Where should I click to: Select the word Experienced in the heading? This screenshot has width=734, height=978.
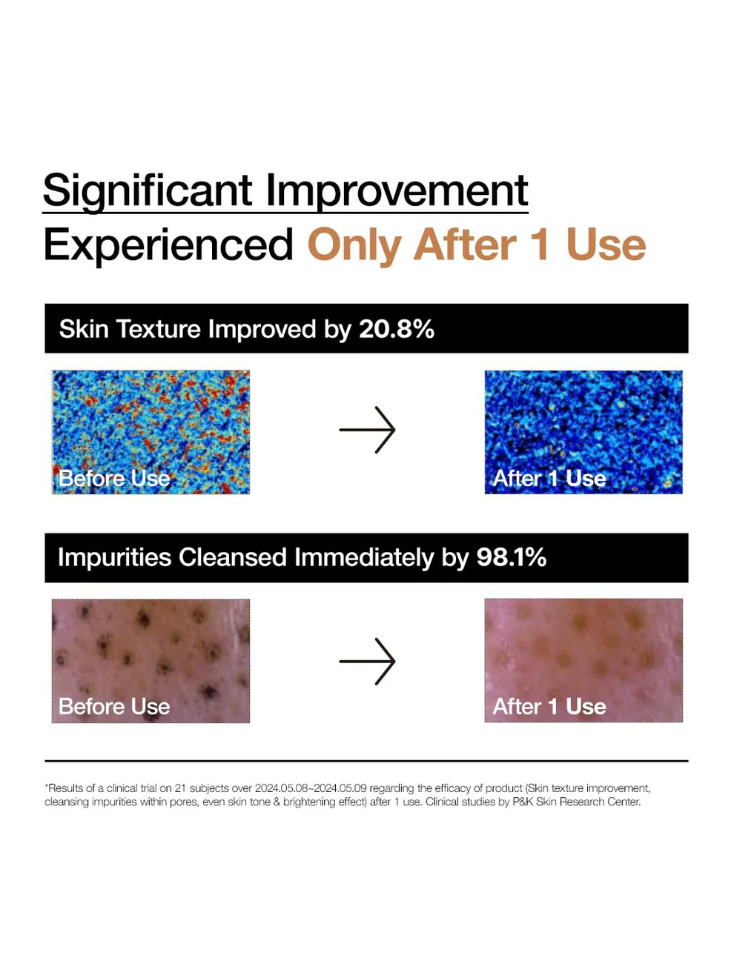(x=168, y=245)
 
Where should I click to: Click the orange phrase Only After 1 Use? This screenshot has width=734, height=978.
(x=477, y=245)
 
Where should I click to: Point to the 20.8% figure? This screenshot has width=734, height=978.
(x=396, y=329)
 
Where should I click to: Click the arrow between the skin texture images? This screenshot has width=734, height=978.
(x=367, y=430)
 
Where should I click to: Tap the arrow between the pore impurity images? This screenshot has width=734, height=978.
(x=367, y=661)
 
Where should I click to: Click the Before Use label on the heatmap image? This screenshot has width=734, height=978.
(x=114, y=478)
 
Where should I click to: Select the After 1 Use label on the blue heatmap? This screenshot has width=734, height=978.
(x=549, y=478)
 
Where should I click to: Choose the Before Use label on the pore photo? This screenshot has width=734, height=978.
(x=114, y=706)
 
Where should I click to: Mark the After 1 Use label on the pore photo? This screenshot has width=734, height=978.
(x=549, y=706)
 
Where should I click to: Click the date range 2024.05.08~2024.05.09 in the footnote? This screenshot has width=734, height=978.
(x=311, y=788)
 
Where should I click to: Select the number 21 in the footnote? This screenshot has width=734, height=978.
(x=180, y=788)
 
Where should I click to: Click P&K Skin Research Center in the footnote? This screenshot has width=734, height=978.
(x=576, y=802)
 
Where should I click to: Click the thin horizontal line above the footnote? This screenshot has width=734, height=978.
(x=366, y=761)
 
